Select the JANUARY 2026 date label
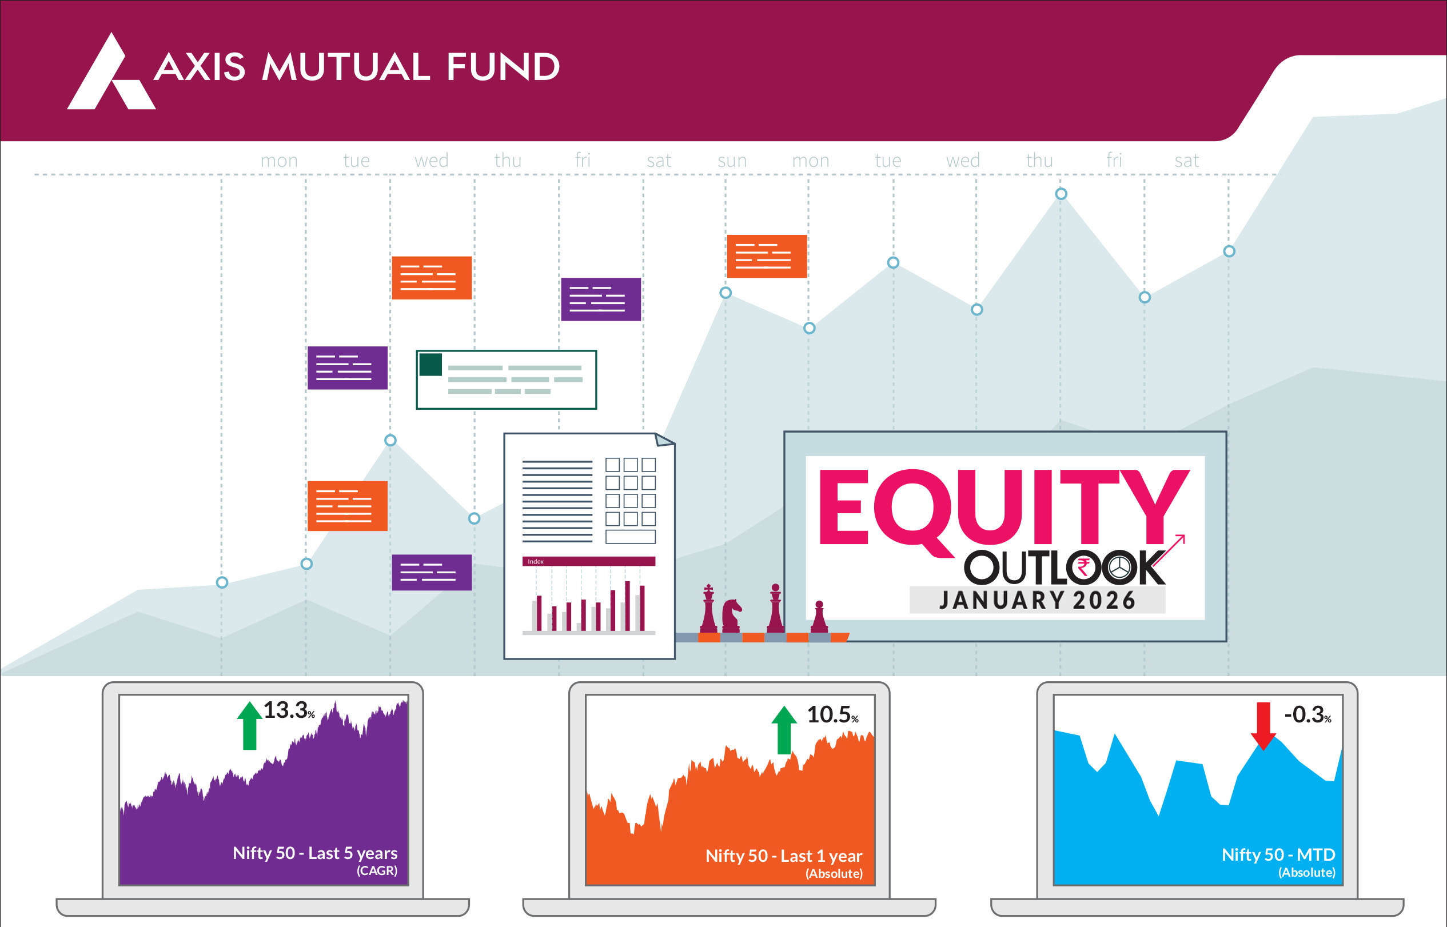pyautogui.click(x=1038, y=600)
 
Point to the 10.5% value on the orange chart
pyautogui.click(x=833, y=715)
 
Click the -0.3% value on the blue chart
pyautogui.click(x=1308, y=715)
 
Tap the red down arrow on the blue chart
pyautogui.click(x=1263, y=725)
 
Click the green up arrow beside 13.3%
pyautogui.click(x=249, y=725)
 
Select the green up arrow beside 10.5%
pyautogui.click(x=784, y=730)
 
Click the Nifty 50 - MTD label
pyautogui.click(x=1278, y=855)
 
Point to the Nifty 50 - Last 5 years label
pyautogui.click(x=315, y=853)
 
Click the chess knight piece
pyautogui.click(x=731, y=616)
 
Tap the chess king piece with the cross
pyautogui.click(x=709, y=609)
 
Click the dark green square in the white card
pyautogui.click(x=430, y=365)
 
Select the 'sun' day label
pyautogui.click(x=732, y=161)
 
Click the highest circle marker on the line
pyautogui.click(x=1061, y=194)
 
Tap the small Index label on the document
pyautogui.click(x=535, y=562)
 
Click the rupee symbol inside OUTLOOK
pyautogui.click(x=1083, y=567)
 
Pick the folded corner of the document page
pyautogui.click(x=665, y=440)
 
